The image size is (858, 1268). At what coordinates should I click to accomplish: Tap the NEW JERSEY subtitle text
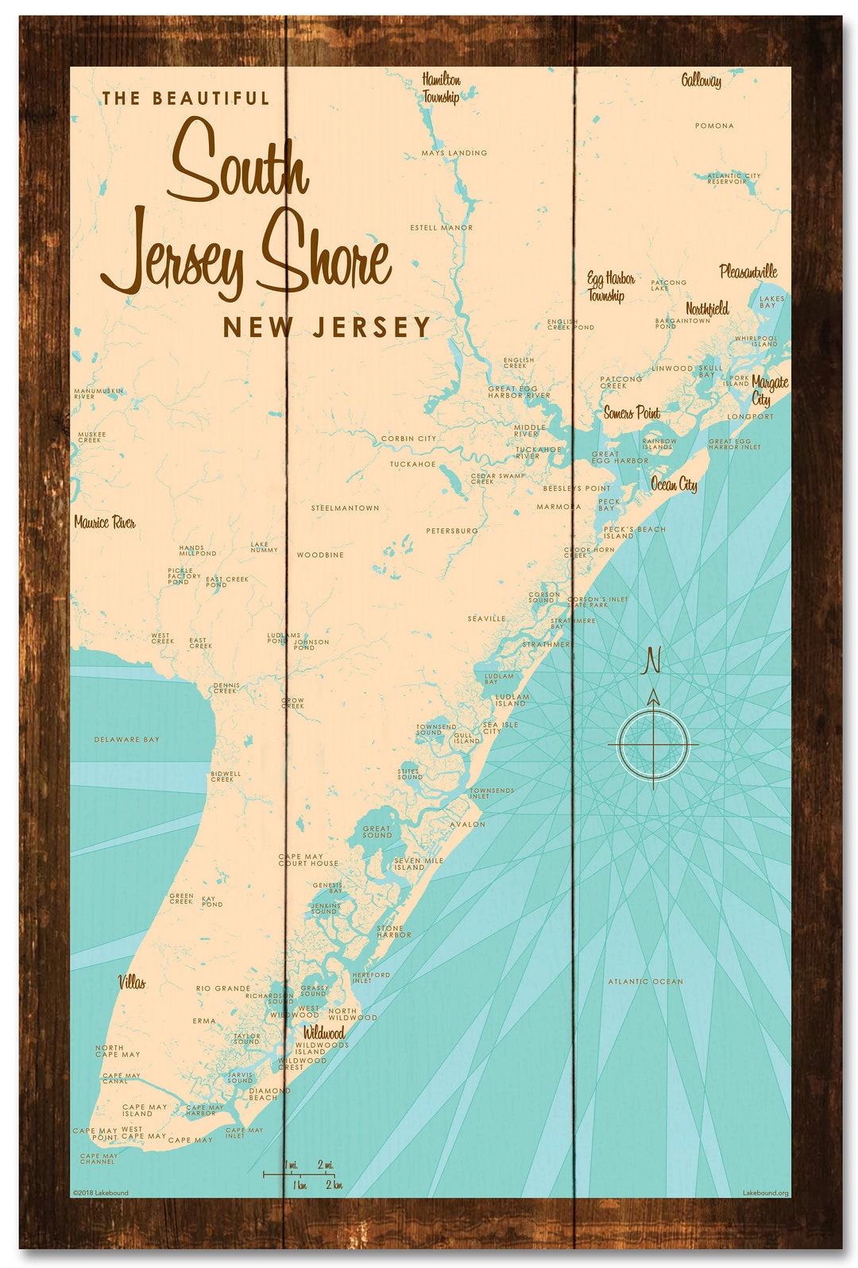coord(327,327)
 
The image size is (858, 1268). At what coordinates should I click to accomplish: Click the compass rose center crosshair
coord(653,744)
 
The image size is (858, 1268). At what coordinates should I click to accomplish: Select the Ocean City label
coord(674,485)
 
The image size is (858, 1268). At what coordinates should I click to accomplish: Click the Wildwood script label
coord(324,1033)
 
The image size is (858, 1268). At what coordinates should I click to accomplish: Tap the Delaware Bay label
coord(127,740)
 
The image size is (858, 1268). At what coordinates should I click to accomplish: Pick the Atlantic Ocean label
coord(645,982)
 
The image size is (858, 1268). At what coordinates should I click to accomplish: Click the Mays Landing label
coord(454,153)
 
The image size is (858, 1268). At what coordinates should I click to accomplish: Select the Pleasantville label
coord(748,272)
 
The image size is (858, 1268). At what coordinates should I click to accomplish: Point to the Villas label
coord(133,983)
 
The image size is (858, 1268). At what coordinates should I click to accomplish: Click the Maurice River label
coord(105,523)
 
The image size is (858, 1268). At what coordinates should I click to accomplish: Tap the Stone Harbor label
coord(394,931)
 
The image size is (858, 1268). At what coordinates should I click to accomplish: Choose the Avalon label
coord(467,825)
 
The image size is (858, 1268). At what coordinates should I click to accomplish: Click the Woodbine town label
coord(320,555)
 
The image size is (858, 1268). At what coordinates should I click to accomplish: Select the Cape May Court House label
coord(308,860)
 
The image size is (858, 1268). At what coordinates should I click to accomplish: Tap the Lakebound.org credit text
coord(765,1193)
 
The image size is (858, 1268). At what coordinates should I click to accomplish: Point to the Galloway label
coord(701,80)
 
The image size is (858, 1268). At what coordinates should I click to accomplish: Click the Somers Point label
coord(632,413)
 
